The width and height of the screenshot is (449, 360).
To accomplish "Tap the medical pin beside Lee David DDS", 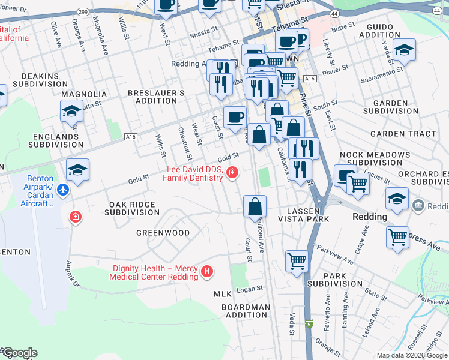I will click(x=232, y=174).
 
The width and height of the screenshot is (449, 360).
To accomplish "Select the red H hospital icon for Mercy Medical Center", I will click(x=208, y=272).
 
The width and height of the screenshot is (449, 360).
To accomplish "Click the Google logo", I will click(x=19, y=353).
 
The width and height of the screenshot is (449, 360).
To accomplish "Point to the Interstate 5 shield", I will click(x=309, y=325).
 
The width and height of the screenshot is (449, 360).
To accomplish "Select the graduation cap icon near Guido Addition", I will click(x=404, y=50).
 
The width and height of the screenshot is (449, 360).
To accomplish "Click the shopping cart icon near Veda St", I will click(x=297, y=262).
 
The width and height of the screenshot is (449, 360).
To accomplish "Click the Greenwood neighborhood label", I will click(x=163, y=232).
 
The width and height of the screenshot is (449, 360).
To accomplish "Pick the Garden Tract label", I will click(x=403, y=134).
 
